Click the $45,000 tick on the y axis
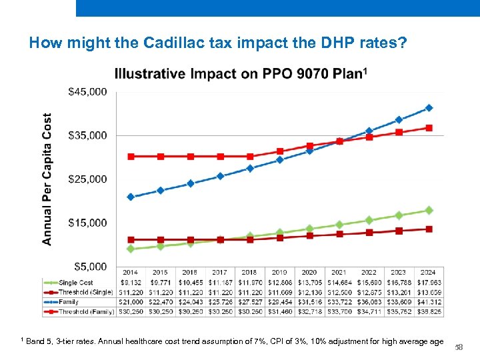coord(87,92)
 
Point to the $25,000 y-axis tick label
coord(87,179)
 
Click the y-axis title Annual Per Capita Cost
coord(47,179)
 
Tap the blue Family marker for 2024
coord(429,108)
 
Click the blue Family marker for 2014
coord(131,197)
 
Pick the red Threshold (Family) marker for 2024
coord(429,127)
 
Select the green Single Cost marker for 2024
coord(429,210)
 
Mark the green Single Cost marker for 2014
coord(131,249)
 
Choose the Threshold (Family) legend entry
coord(77,311)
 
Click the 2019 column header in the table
coord(279,272)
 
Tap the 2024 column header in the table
coord(429,272)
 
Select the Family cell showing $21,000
coord(131,301)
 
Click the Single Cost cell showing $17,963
coord(429,282)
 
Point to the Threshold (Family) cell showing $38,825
coord(429,311)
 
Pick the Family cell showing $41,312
coord(429,301)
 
